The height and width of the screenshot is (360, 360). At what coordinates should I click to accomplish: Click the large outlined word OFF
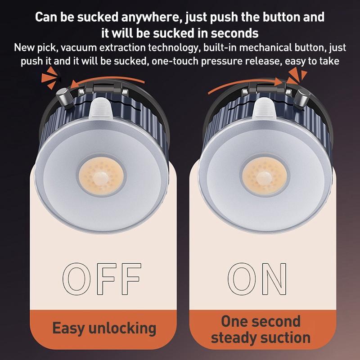tap(102, 279)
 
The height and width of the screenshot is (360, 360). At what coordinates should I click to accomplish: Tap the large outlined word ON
tap(257, 279)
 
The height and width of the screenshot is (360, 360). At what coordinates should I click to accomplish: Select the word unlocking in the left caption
tap(122, 328)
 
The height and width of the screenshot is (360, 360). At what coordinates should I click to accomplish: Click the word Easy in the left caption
tap(68, 328)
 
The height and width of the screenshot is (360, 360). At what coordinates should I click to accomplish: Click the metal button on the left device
tap(64, 97)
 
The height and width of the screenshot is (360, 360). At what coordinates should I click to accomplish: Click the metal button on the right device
tap(301, 98)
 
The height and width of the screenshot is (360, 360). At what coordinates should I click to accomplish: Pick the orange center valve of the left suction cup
tap(101, 176)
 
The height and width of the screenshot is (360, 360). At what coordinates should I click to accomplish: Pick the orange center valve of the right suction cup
tap(264, 176)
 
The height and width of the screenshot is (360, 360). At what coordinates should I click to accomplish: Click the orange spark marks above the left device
tap(50, 77)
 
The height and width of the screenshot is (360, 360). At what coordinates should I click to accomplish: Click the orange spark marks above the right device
tap(297, 75)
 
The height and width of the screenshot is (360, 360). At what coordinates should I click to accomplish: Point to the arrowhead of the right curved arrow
tap(280, 82)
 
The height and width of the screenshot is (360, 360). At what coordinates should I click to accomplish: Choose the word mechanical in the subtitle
tap(265, 48)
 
